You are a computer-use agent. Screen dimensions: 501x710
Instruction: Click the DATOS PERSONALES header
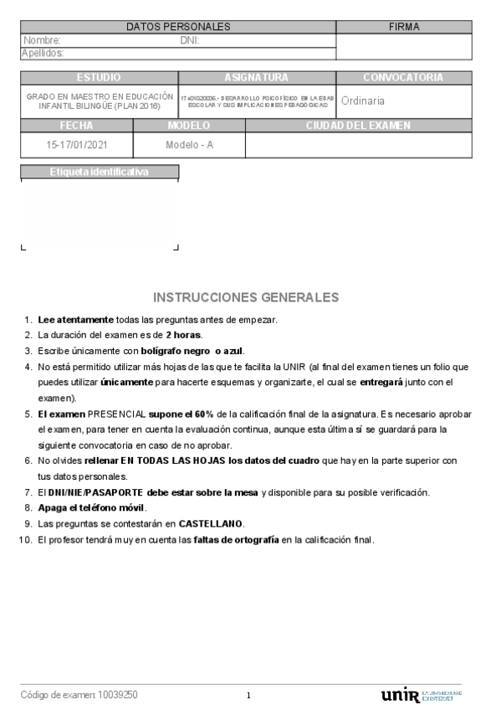178,27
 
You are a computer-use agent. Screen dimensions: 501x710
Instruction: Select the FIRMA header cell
404,27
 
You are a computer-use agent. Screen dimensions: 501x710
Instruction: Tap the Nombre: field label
42,40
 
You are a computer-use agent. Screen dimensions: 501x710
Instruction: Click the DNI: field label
189,40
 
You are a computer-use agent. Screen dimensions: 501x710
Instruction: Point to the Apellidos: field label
43,53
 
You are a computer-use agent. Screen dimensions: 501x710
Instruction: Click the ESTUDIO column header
99,78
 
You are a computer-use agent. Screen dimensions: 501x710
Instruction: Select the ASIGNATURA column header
256,78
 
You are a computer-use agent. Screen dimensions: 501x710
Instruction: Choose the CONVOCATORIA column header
403,78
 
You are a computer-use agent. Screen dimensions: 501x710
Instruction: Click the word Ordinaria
363,100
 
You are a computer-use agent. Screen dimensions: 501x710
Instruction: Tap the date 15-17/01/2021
77,144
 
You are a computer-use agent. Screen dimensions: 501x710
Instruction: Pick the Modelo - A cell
189,144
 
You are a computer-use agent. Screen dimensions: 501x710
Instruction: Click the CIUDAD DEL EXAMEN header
358,126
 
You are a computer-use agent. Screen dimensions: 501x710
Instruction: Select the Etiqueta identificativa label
99,172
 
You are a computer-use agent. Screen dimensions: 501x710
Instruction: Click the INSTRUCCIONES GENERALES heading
246,297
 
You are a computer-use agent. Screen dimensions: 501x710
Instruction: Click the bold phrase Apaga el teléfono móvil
92,507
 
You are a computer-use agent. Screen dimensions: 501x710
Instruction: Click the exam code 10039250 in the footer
118,695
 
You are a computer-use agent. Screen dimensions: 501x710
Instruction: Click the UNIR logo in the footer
400,695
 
